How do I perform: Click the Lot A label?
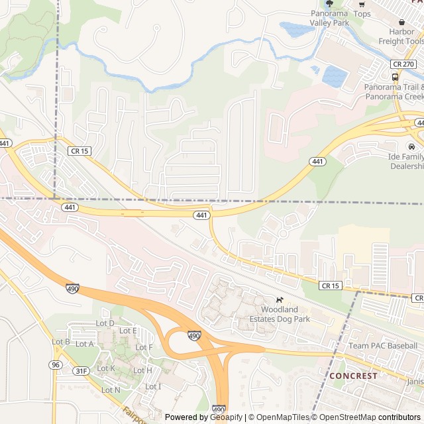pos(85,344)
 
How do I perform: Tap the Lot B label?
pos(61,342)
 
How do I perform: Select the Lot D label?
pos(105,323)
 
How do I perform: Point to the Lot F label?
pos(144,347)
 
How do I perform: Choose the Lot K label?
pos(106,368)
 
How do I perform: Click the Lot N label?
pos(111,390)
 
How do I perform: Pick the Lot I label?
pos(153,386)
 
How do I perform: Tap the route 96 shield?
pos(54,365)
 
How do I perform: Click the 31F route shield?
pos(81,371)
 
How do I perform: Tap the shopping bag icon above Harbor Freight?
pos(401,22)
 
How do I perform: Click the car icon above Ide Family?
pos(411,146)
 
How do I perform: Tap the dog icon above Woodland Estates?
pos(280,299)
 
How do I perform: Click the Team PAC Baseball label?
pos(383,346)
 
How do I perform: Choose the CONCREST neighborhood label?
pos(354,376)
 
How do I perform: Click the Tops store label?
pos(362,14)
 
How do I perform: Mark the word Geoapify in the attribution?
pos(227,417)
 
